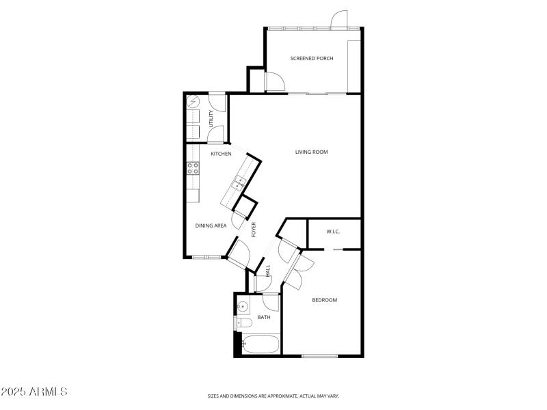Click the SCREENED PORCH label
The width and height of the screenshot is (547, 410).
tap(312, 59)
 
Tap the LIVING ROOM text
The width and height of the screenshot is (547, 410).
tap(312, 152)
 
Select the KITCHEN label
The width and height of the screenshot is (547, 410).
tap(221, 154)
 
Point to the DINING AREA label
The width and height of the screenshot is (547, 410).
tap(211, 225)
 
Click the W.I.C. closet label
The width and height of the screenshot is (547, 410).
tap(333, 232)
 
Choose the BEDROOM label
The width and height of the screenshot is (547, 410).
tap(325, 300)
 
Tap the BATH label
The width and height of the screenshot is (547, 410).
tap(264, 317)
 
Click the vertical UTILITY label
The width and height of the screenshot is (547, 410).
tap(211, 117)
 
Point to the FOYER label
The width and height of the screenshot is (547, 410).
tap(254, 229)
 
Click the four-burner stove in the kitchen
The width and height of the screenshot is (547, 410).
tap(194, 168)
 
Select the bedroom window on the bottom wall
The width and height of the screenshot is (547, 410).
tap(320, 355)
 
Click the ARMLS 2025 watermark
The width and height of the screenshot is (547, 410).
tap(34, 392)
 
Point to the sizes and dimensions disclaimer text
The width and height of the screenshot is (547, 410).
tap(273, 396)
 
